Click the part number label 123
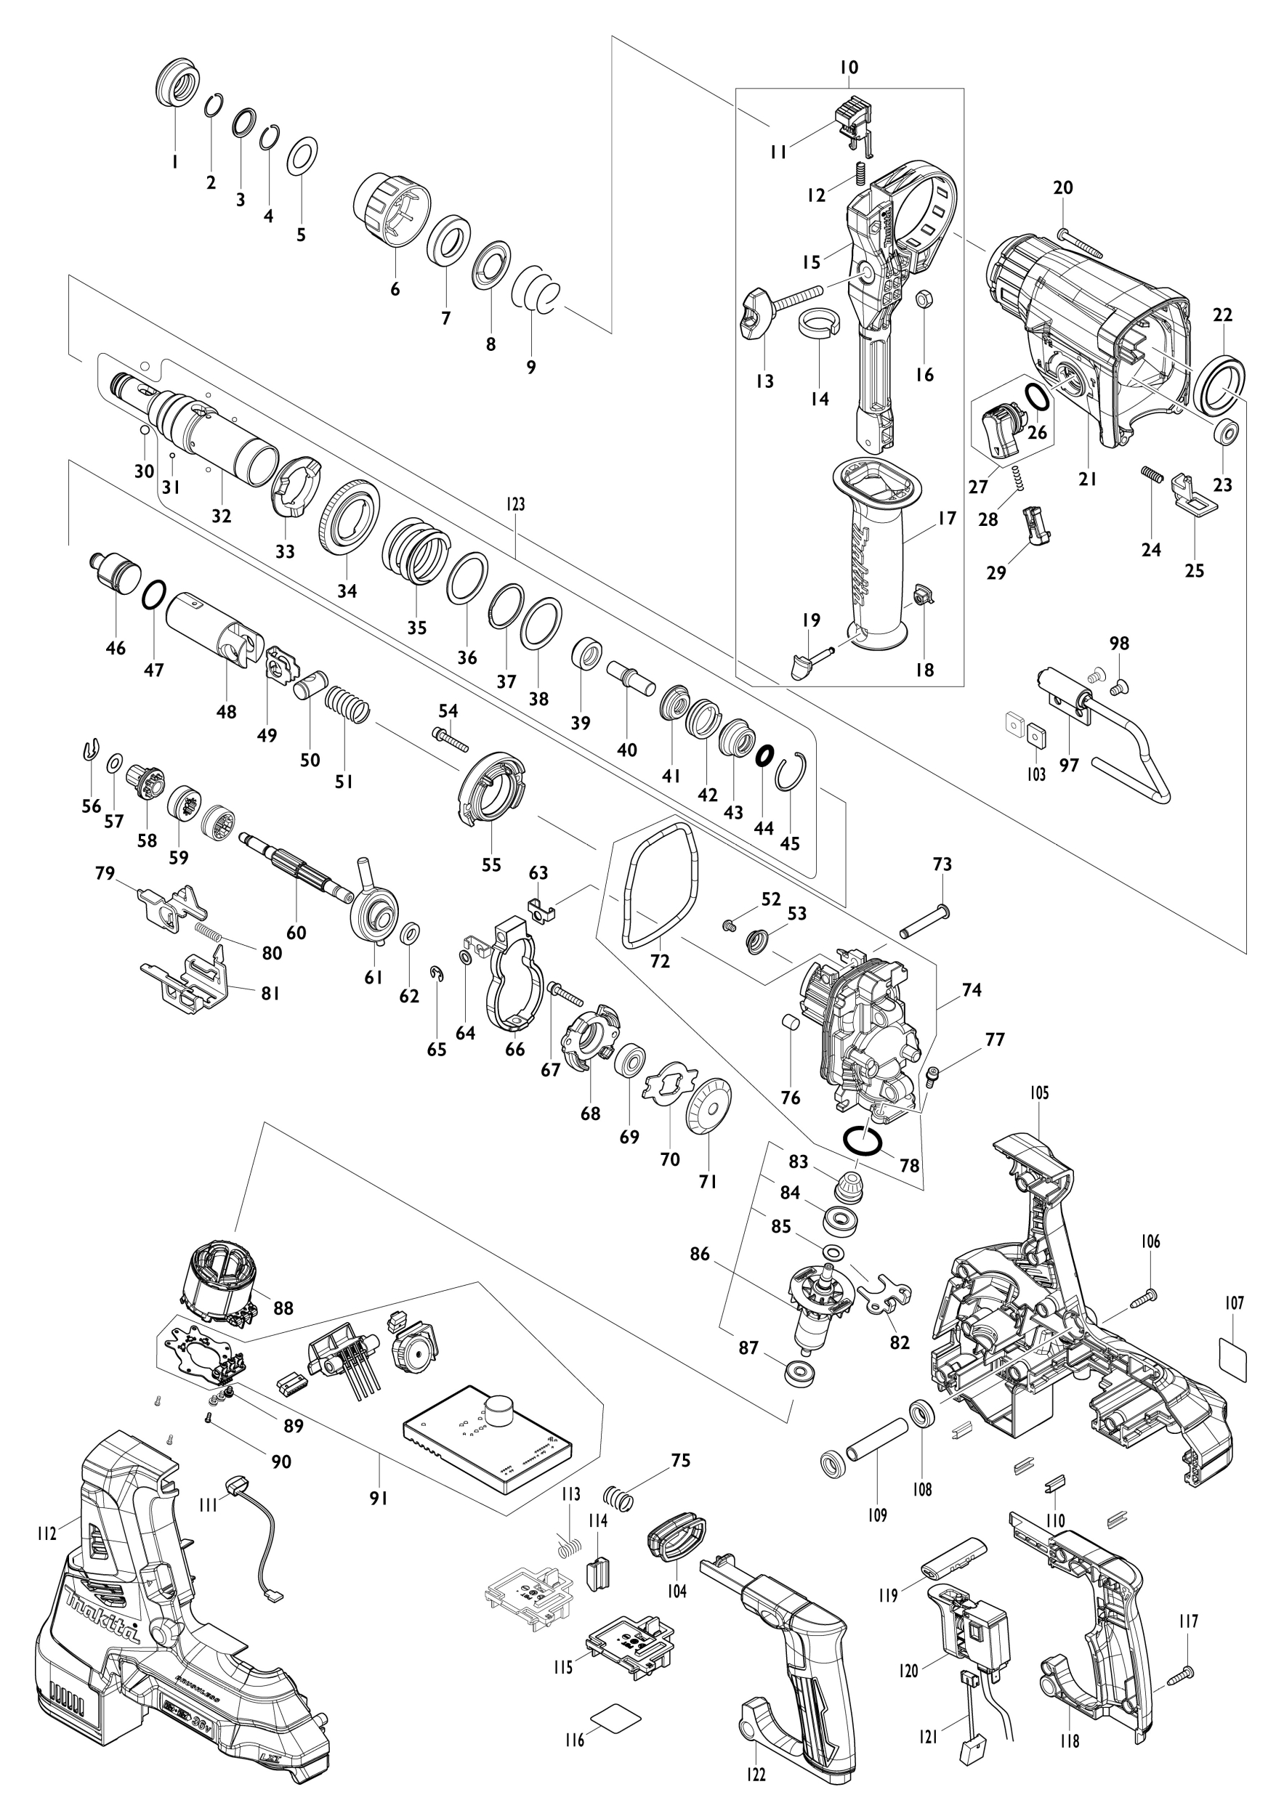pos(514,504)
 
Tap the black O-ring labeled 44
pos(764,755)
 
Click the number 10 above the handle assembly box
pos(848,68)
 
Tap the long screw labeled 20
pos(1079,241)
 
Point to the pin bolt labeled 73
pos(924,923)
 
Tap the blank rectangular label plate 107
pos(1232,1359)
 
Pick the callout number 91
pos(379,1498)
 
